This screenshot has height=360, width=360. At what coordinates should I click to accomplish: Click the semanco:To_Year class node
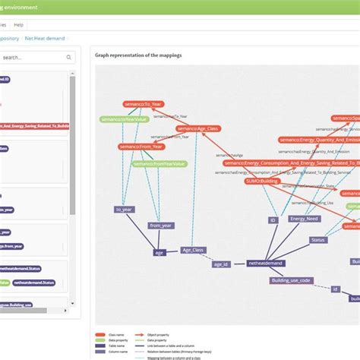click(x=144, y=104)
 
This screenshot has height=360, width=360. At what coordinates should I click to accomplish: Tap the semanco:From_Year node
click(x=142, y=146)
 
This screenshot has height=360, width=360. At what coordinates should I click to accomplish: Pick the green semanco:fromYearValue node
click(x=159, y=163)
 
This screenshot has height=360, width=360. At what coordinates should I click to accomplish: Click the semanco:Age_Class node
click(x=199, y=129)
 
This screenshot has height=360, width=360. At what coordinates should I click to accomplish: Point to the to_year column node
click(x=125, y=208)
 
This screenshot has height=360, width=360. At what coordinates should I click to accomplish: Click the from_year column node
click(x=160, y=226)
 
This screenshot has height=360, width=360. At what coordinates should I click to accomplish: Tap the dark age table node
click(x=159, y=251)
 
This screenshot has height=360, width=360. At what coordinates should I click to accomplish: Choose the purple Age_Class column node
click(x=194, y=249)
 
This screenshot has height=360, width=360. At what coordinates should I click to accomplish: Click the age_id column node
click(x=221, y=264)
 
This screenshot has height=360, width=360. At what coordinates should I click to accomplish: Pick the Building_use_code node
click(x=292, y=280)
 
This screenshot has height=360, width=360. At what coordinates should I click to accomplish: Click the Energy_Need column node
click(x=304, y=219)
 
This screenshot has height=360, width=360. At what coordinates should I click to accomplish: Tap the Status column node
click(x=318, y=240)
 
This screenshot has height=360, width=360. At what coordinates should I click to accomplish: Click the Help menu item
click(x=18, y=24)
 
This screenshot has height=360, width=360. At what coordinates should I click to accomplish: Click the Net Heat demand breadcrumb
click(x=45, y=37)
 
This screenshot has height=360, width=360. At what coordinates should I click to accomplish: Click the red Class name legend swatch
click(x=100, y=333)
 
